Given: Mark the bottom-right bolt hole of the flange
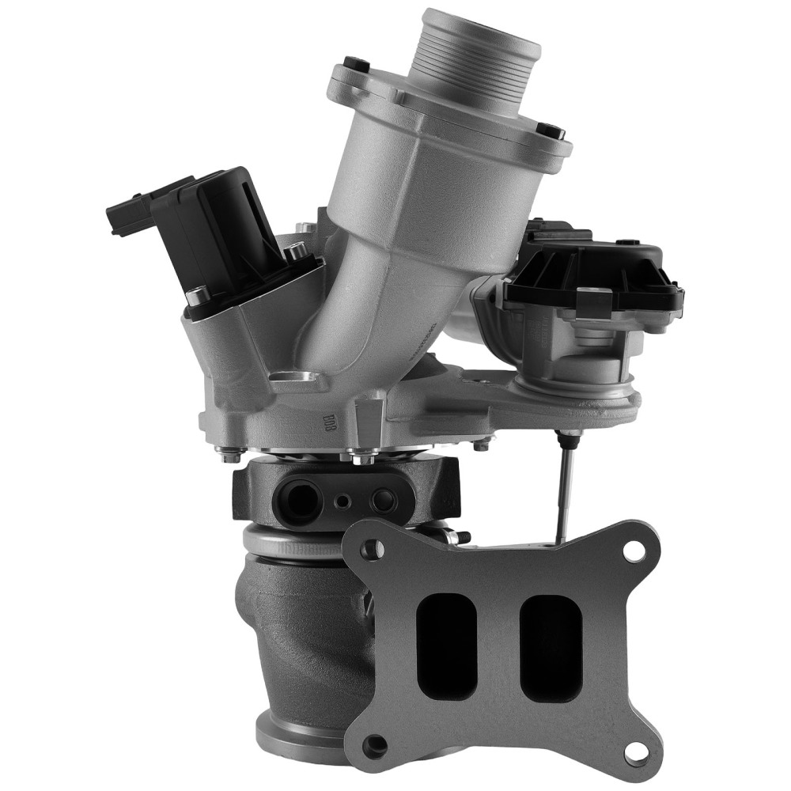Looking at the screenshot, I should pos(635,747).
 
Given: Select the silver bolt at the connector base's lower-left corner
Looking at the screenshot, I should pos(195,297).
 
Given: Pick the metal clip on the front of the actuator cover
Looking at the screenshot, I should pos(596,300).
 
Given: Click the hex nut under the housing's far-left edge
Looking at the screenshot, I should pos(231,456).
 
